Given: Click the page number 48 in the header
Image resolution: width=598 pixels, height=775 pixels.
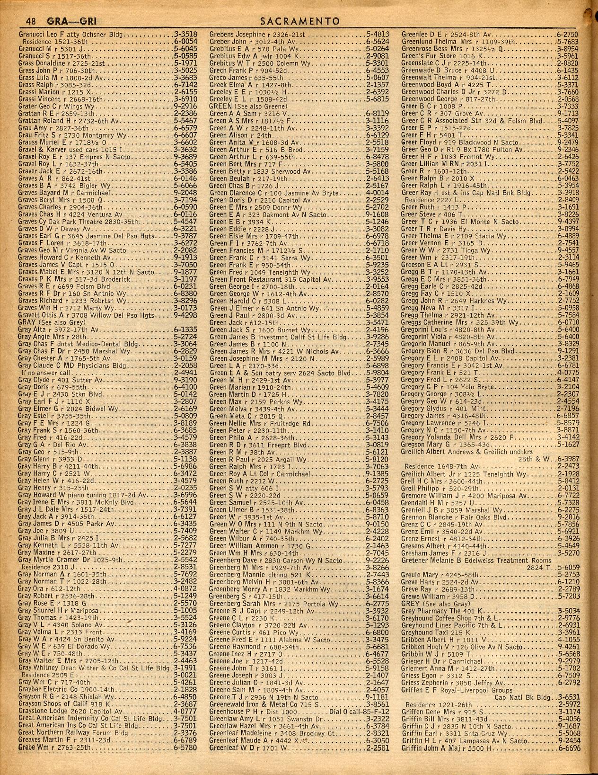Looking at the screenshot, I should tap(31, 21).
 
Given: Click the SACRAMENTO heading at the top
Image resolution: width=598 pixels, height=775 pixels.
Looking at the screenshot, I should tap(300, 21).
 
